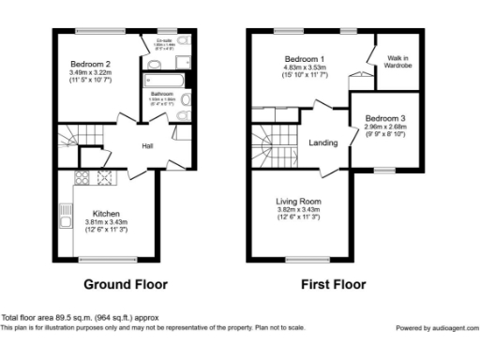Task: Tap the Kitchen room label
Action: pyautogui.click(x=106, y=213)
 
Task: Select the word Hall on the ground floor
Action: pyautogui.click(x=147, y=146)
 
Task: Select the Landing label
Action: pyautogui.click(x=324, y=142)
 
